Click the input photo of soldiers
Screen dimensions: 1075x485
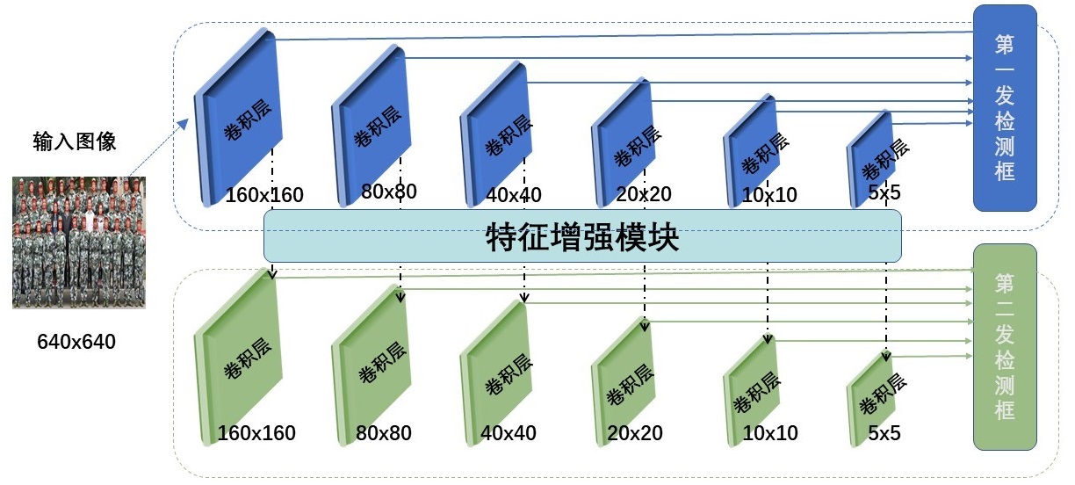pos(79,242)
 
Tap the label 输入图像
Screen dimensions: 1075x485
pos(75,141)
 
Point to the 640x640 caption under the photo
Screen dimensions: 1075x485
pos(76,342)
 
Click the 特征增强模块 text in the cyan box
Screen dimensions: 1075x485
pos(582,236)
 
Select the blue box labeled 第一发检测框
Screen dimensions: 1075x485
pos(1005,108)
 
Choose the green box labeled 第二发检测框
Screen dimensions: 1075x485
pos(1005,347)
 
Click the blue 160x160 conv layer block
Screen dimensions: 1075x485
pos(239,118)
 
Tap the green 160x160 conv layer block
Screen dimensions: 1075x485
pos(239,357)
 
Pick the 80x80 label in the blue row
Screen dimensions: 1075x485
pos(389,192)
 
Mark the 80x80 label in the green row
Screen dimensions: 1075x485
pos(384,433)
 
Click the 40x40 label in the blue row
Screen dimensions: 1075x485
pos(514,195)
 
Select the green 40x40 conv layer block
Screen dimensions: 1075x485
pos(495,373)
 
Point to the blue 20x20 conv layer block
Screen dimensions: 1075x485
pos(624,142)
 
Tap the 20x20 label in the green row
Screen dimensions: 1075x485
pos(635,433)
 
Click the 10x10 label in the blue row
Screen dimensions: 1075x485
pos(769,195)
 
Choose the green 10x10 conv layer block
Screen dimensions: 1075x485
pos(752,390)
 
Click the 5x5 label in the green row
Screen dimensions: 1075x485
pos(884,433)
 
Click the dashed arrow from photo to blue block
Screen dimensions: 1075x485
pos(159,147)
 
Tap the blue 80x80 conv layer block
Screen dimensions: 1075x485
pos(371,126)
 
